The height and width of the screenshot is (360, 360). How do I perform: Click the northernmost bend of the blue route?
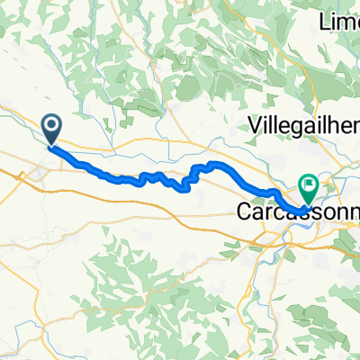pos(214,163)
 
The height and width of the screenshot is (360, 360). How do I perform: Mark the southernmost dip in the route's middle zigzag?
pos(186,189)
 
